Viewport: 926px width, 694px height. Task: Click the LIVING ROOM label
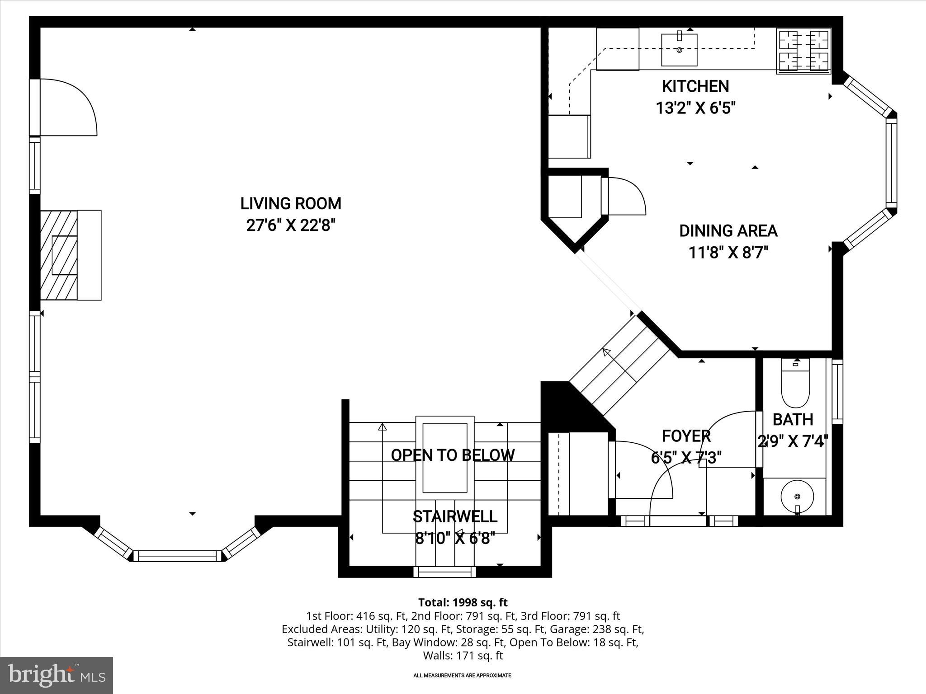[x=291, y=204]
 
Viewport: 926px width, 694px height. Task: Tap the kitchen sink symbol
[x=679, y=49]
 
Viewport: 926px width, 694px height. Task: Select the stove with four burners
[x=803, y=51]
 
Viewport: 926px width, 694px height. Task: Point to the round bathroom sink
[x=797, y=497]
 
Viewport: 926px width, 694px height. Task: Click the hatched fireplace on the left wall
[x=59, y=255]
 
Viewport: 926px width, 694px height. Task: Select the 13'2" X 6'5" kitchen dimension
[x=695, y=108]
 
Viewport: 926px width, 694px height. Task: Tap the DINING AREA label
[x=728, y=231]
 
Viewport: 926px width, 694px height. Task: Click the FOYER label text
[x=686, y=436]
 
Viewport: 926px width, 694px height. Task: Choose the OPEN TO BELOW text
[x=453, y=455]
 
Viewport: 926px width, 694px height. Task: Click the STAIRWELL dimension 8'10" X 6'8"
[x=455, y=539]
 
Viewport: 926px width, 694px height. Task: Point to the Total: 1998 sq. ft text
[x=463, y=602]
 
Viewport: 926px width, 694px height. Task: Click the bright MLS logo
[x=56, y=675]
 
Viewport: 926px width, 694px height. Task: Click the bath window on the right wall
[x=837, y=391]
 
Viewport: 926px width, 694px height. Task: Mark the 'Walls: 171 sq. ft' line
[x=463, y=655]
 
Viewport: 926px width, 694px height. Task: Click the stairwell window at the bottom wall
[x=445, y=572]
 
